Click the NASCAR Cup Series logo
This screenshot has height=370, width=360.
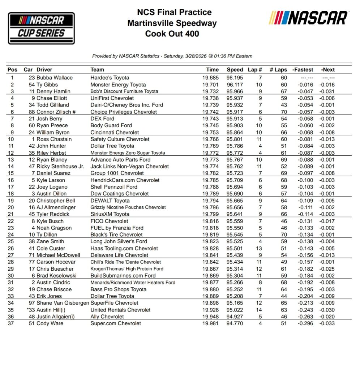tap(41, 28)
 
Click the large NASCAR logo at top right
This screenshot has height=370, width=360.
tap(308, 18)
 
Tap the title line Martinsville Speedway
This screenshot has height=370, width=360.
tap(172, 23)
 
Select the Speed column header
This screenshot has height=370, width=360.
tap(235, 70)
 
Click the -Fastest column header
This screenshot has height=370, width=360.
tap(303, 70)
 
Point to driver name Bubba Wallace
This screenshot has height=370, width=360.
tap(54, 78)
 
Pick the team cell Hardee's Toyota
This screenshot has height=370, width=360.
tap(110, 78)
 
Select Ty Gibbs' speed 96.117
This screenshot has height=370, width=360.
tap(235, 85)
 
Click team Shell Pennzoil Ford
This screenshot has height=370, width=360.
tap(114, 187)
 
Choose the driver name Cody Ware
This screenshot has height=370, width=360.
tap(50, 324)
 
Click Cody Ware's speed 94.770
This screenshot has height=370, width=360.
tap(235, 324)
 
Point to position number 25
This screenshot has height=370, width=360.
tap(12, 242)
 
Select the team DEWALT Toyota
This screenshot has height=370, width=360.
tap(110, 201)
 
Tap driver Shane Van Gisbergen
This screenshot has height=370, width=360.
tap(63, 303)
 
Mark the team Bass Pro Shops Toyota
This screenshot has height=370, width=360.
tap(119, 289)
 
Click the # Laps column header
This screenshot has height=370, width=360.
tap(278, 70)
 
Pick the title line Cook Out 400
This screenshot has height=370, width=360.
tap(172, 34)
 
